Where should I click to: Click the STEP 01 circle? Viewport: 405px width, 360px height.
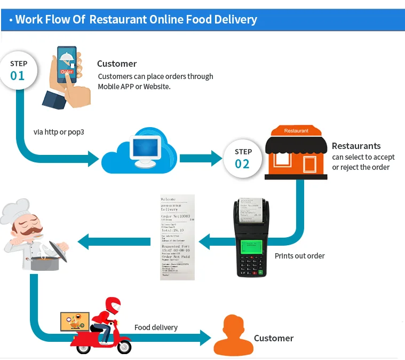[x=18, y=70]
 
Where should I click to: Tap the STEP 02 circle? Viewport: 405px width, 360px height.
[x=243, y=158]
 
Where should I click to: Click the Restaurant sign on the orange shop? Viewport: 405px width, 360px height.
[x=296, y=131]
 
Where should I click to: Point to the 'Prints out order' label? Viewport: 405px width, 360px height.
[x=299, y=256]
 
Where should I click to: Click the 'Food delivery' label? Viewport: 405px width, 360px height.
[x=156, y=327]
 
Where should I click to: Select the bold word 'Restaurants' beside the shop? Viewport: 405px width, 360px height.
[x=356, y=146]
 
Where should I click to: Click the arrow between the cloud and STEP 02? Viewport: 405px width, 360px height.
[x=201, y=158]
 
